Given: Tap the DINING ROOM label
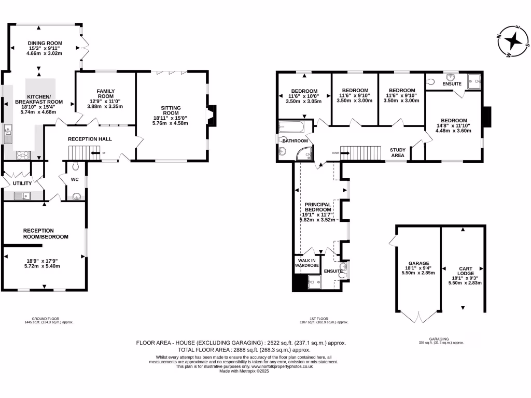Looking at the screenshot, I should tap(45, 44).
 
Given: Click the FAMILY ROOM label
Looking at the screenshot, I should tap(105, 93).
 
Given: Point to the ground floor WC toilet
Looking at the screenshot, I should tap(76, 166).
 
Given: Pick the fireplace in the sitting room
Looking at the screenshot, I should tap(212, 116).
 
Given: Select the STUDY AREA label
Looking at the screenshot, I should tap(397, 152).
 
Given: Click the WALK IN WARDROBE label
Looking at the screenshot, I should tap(306, 263).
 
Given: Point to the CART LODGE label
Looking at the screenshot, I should tap(465, 272).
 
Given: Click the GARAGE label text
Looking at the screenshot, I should tap(417, 263).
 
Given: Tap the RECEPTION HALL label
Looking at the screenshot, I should tap(90, 139).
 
